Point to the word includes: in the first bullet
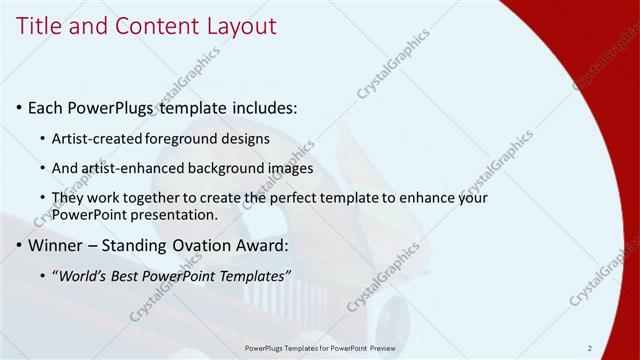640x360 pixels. (x=263, y=107)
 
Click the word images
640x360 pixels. (x=290, y=168)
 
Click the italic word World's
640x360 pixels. (x=82, y=276)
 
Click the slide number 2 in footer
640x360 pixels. (x=590, y=348)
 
